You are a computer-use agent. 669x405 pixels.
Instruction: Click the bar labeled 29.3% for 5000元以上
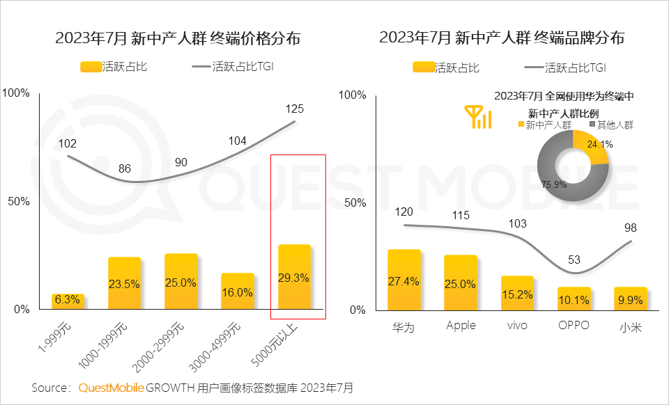click(x=294, y=277)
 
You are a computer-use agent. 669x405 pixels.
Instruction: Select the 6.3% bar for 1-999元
click(x=68, y=302)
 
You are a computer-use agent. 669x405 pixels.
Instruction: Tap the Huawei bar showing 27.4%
click(x=404, y=280)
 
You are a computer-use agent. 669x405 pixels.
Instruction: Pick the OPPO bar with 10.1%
click(x=574, y=299)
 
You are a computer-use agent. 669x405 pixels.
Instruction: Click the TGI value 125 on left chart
click(x=295, y=109)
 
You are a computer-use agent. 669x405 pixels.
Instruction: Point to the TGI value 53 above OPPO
click(x=574, y=260)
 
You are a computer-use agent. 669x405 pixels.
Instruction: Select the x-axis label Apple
click(x=461, y=325)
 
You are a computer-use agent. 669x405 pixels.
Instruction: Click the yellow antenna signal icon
click(x=479, y=117)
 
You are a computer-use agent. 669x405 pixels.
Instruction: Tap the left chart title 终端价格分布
click(x=178, y=38)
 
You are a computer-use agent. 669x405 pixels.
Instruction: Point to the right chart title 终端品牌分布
click(x=502, y=38)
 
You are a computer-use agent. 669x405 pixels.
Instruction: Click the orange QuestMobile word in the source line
click(x=111, y=388)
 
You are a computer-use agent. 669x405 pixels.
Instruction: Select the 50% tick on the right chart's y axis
click(x=355, y=202)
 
